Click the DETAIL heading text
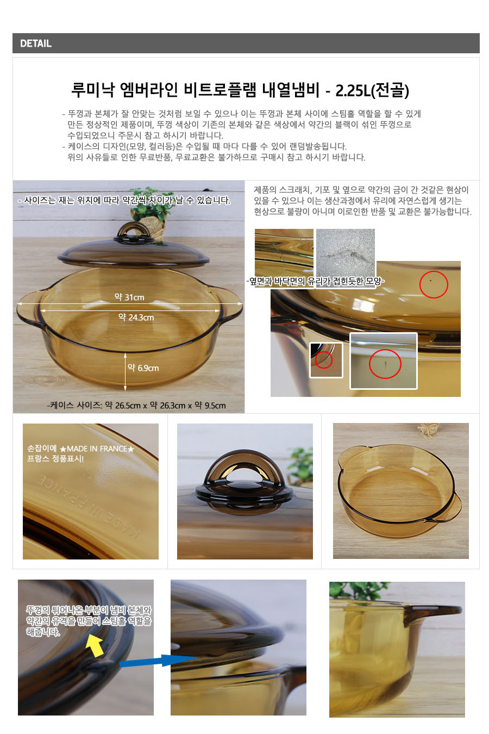click(x=36, y=43)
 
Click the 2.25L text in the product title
click(x=353, y=90)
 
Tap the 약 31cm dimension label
click(x=129, y=297)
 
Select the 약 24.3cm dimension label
click(x=136, y=317)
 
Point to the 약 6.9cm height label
click(x=143, y=368)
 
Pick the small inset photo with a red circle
click(x=326, y=360)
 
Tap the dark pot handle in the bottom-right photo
click(x=432, y=610)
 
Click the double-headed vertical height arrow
click(x=126, y=371)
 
